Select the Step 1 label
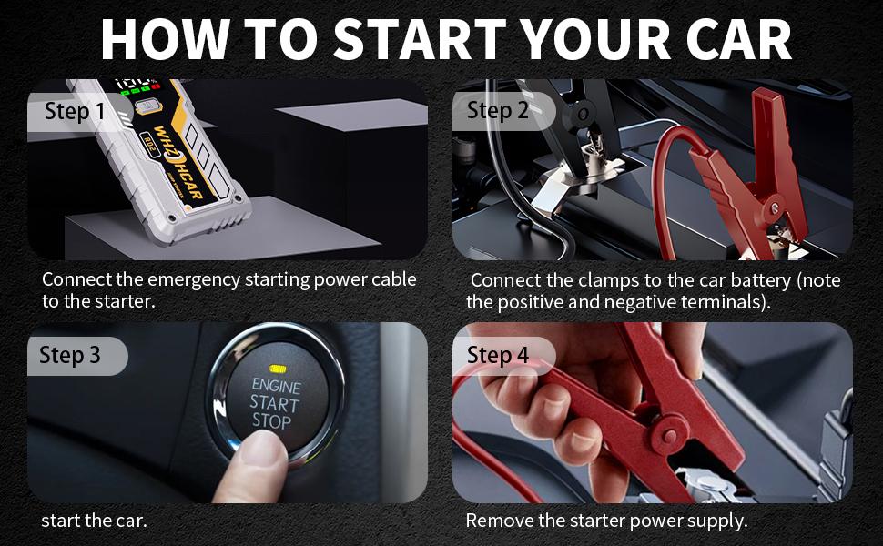(75, 112)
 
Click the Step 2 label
(498, 111)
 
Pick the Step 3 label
(70, 355)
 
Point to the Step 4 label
(498, 355)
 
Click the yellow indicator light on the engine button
(277, 370)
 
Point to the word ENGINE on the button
(276, 386)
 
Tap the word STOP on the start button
(271, 421)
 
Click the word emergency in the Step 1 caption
(195, 279)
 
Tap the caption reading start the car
(94, 521)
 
